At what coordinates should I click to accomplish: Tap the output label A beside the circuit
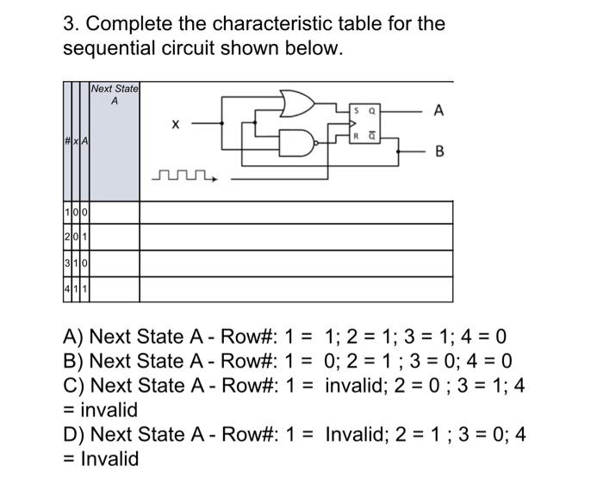coord(439,110)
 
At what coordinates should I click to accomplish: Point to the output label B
coord(439,152)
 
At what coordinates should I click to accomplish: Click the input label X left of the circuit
coord(175,126)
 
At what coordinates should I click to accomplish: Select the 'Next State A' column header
coord(115,95)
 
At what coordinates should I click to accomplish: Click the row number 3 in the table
coord(66,263)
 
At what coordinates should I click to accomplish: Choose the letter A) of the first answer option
coord(74,337)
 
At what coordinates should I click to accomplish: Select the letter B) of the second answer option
coord(74,361)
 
